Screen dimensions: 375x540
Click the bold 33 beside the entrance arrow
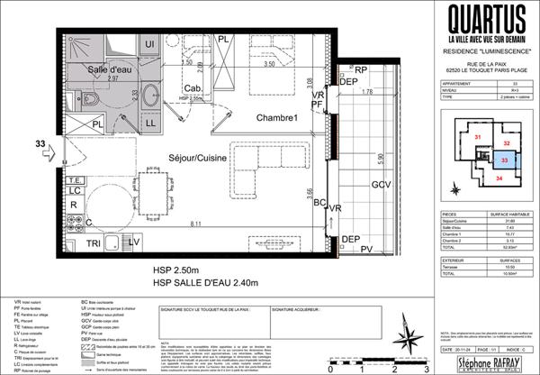(40, 142)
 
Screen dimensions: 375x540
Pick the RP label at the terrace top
(360, 69)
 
